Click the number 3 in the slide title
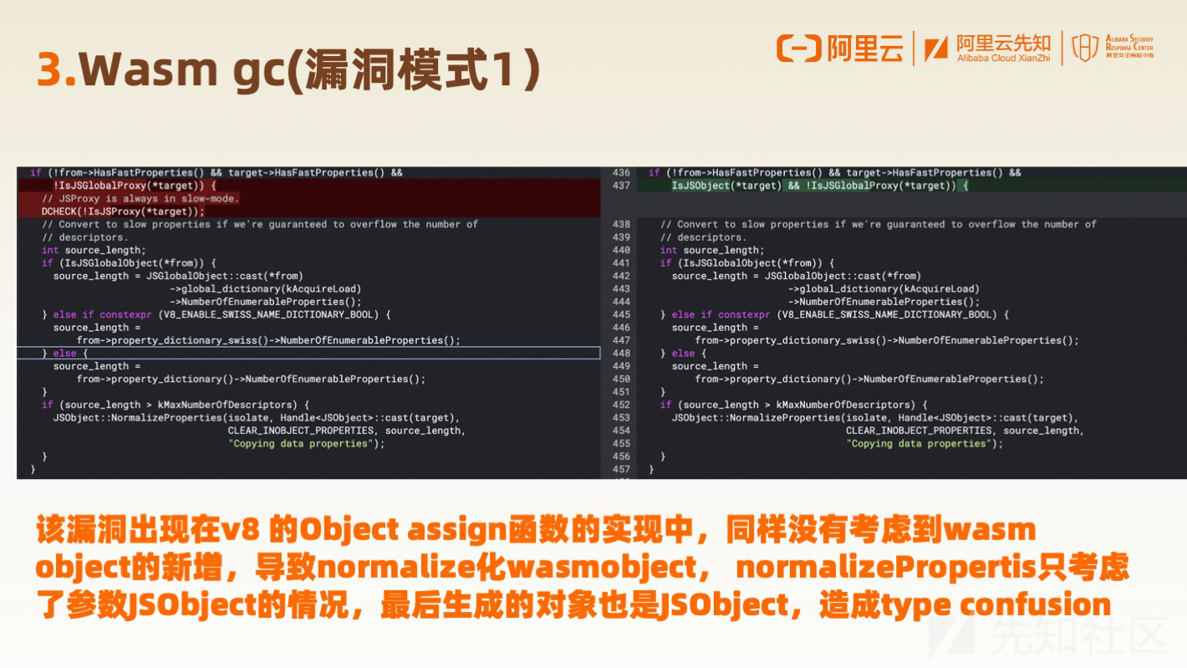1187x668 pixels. pyautogui.click(x=52, y=69)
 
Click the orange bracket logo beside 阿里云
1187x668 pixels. pyautogui.click(x=798, y=48)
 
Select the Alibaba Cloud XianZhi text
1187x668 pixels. pyautogui.click(x=1003, y=59)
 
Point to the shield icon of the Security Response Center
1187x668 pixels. pyautogui.click(x=1085, y=48)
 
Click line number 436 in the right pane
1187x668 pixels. pyautogui.click(x=621, y=173)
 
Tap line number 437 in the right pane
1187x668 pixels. pyautogui.click(x=621, y=186)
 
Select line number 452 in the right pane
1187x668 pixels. pyautogui.click(x=621, y=405)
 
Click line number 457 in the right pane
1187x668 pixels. pyautogui.click(x=621, y=469)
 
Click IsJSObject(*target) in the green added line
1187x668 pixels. pyautogui.click(x=726, y=186)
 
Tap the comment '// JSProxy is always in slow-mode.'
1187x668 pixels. pyautogui.click(x=140, y=199)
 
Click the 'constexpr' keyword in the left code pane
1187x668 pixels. pyautogui.click(x=125, y=315)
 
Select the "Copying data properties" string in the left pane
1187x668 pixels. pyautogui.click(x=300, y=444)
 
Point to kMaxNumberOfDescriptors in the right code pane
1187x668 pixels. pyautogui.click(x=846, y=405)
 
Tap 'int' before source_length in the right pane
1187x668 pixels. pyautogui.click(x=669, y=250)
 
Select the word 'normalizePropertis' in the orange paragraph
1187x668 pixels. pyautogui.click(x=886, y=568)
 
